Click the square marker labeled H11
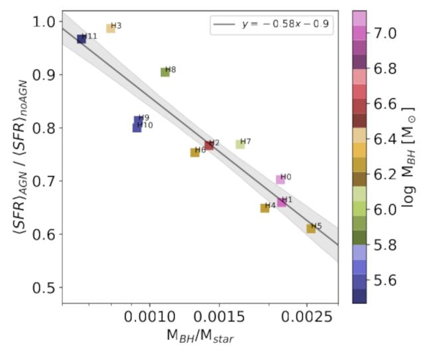click(x=81, y=39)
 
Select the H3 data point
click(x=110, y=29)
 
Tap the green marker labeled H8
click(x=165, y=72)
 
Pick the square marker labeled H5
click(x=311, y=228)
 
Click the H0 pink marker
click(x=280, y=179)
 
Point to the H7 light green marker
click(x=240, y=144)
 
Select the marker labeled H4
click(x=264, y=208)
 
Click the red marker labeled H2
click(x=209, y=145)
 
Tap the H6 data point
click(x=195, y=152)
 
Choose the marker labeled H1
click(x=282, y=202)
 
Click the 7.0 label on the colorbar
click(x=386, y=33)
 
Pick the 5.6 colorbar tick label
click(x=386, y=280)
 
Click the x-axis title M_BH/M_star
click(x=200, y=336)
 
